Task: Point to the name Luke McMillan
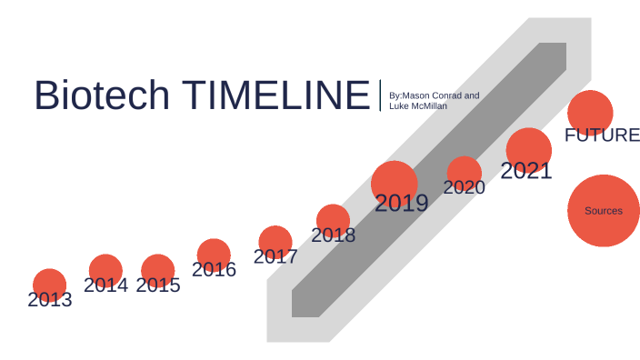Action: (x=418, y=106)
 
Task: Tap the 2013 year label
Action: (x=50, y=299)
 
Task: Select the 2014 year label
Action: (x=105, y=285)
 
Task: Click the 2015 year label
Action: (x=158, y=285)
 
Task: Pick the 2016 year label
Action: (x=214, y=269)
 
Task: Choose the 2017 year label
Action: (x=275, y=256)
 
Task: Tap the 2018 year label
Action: (x=333, y=235)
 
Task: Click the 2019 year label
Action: (x=401, y=204)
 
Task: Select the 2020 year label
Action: (x=465, y=187)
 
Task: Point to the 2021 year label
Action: (x=526, y=170)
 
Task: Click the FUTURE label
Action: (x=602, y=135)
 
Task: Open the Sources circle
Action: (x=604, y=211)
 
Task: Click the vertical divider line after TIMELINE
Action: (x=380, y=95)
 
